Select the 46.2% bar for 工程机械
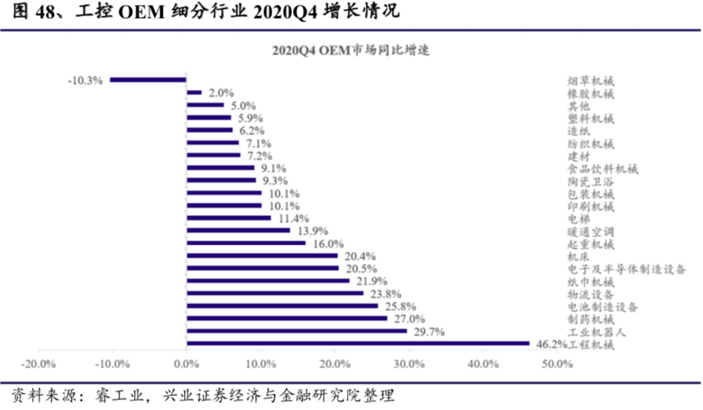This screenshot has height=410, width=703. [x=358, y=344]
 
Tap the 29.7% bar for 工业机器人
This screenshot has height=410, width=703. [x=296, y=331]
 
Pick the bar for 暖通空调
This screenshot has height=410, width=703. [x=238, y=231]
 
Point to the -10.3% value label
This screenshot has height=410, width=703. [x=86, y=80]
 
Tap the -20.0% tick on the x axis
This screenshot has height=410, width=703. [x=38, y=363]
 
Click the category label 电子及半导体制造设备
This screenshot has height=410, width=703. [x=626, y=268]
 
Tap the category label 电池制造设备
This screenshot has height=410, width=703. [x=602, y=306]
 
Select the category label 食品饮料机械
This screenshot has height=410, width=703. [x=602, y=169]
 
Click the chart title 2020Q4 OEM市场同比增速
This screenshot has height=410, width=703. [x=352, y=50]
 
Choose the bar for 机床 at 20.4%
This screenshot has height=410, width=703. [x=262, y=256]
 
